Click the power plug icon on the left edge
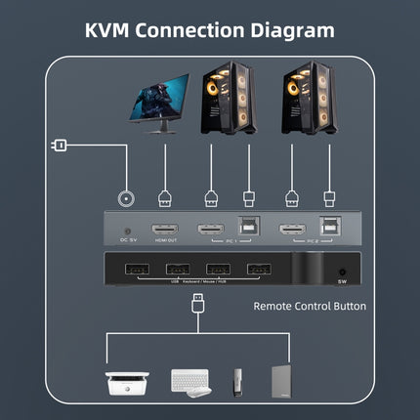click(x=58, y=147)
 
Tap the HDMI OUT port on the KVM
click(x=165, y=230)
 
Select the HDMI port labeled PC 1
click(x=209, y=230)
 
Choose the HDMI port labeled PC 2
click(x=290, y=230)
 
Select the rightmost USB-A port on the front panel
click(x=256, y=270)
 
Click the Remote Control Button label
click(x=310, y=306)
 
